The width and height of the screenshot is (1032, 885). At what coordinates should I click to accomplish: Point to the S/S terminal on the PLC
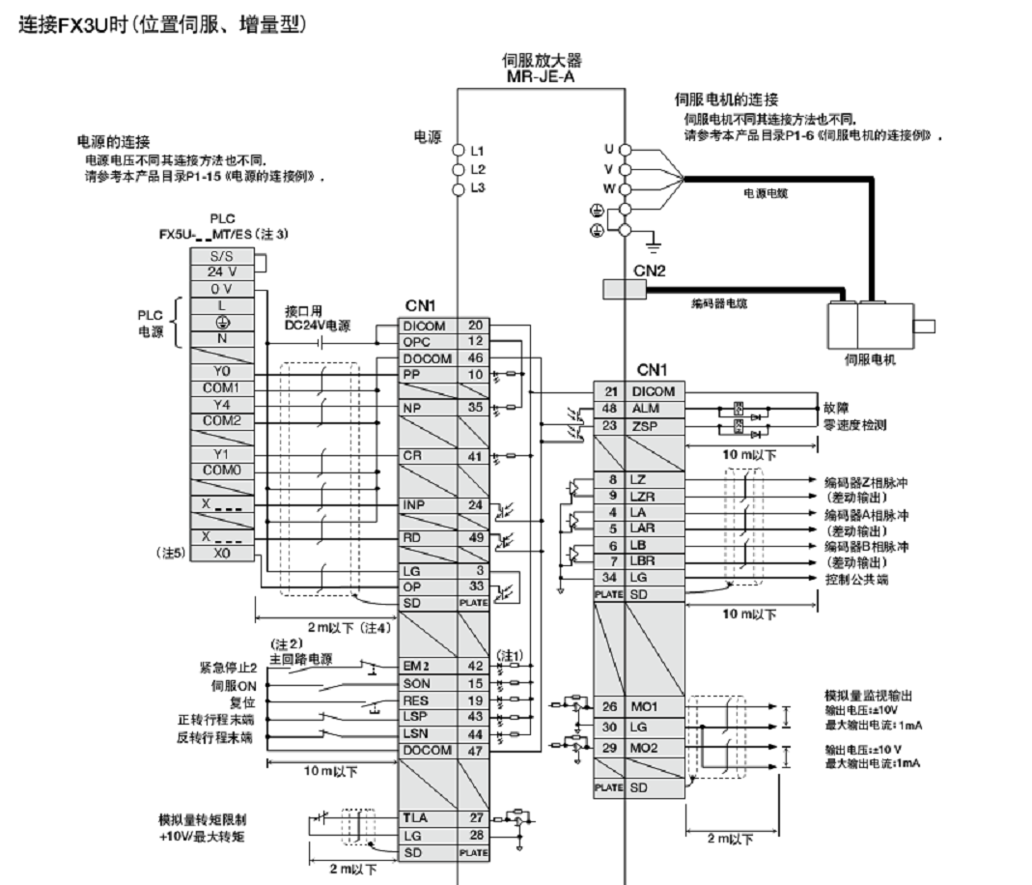coord(221,256)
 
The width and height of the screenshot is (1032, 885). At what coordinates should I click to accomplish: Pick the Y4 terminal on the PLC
coord(221,404)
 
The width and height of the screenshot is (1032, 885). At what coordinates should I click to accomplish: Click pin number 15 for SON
coord(475,683)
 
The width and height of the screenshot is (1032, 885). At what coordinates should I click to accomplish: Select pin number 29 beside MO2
coord(609,748)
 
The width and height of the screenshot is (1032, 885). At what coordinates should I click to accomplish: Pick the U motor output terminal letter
coord(607,149)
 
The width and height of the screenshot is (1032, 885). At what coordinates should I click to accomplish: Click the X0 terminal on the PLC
coord(221,555)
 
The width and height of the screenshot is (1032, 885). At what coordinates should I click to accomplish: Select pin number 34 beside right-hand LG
coord(609,578)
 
